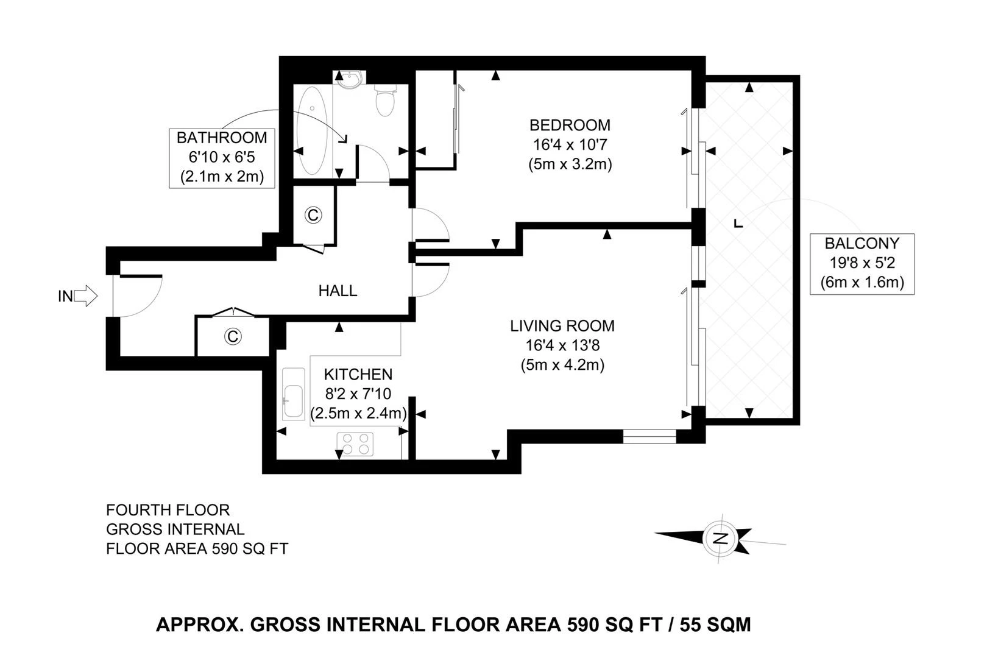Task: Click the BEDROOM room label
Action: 569,126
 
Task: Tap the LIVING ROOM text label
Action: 562,326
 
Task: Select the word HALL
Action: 338,291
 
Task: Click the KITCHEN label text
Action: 358,374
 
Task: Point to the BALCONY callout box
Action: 861,263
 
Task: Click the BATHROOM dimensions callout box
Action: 222,157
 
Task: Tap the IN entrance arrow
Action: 87,296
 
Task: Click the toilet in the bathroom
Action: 385,101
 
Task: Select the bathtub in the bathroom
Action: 312,129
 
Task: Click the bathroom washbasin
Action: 349,79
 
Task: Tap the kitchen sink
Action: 294,394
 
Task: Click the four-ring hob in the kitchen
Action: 356,444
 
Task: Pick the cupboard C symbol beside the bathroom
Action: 313,215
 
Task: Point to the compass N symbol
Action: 721,538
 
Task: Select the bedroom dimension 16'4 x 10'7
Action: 569,145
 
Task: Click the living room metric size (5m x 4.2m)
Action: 562,366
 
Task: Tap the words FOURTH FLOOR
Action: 168,510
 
